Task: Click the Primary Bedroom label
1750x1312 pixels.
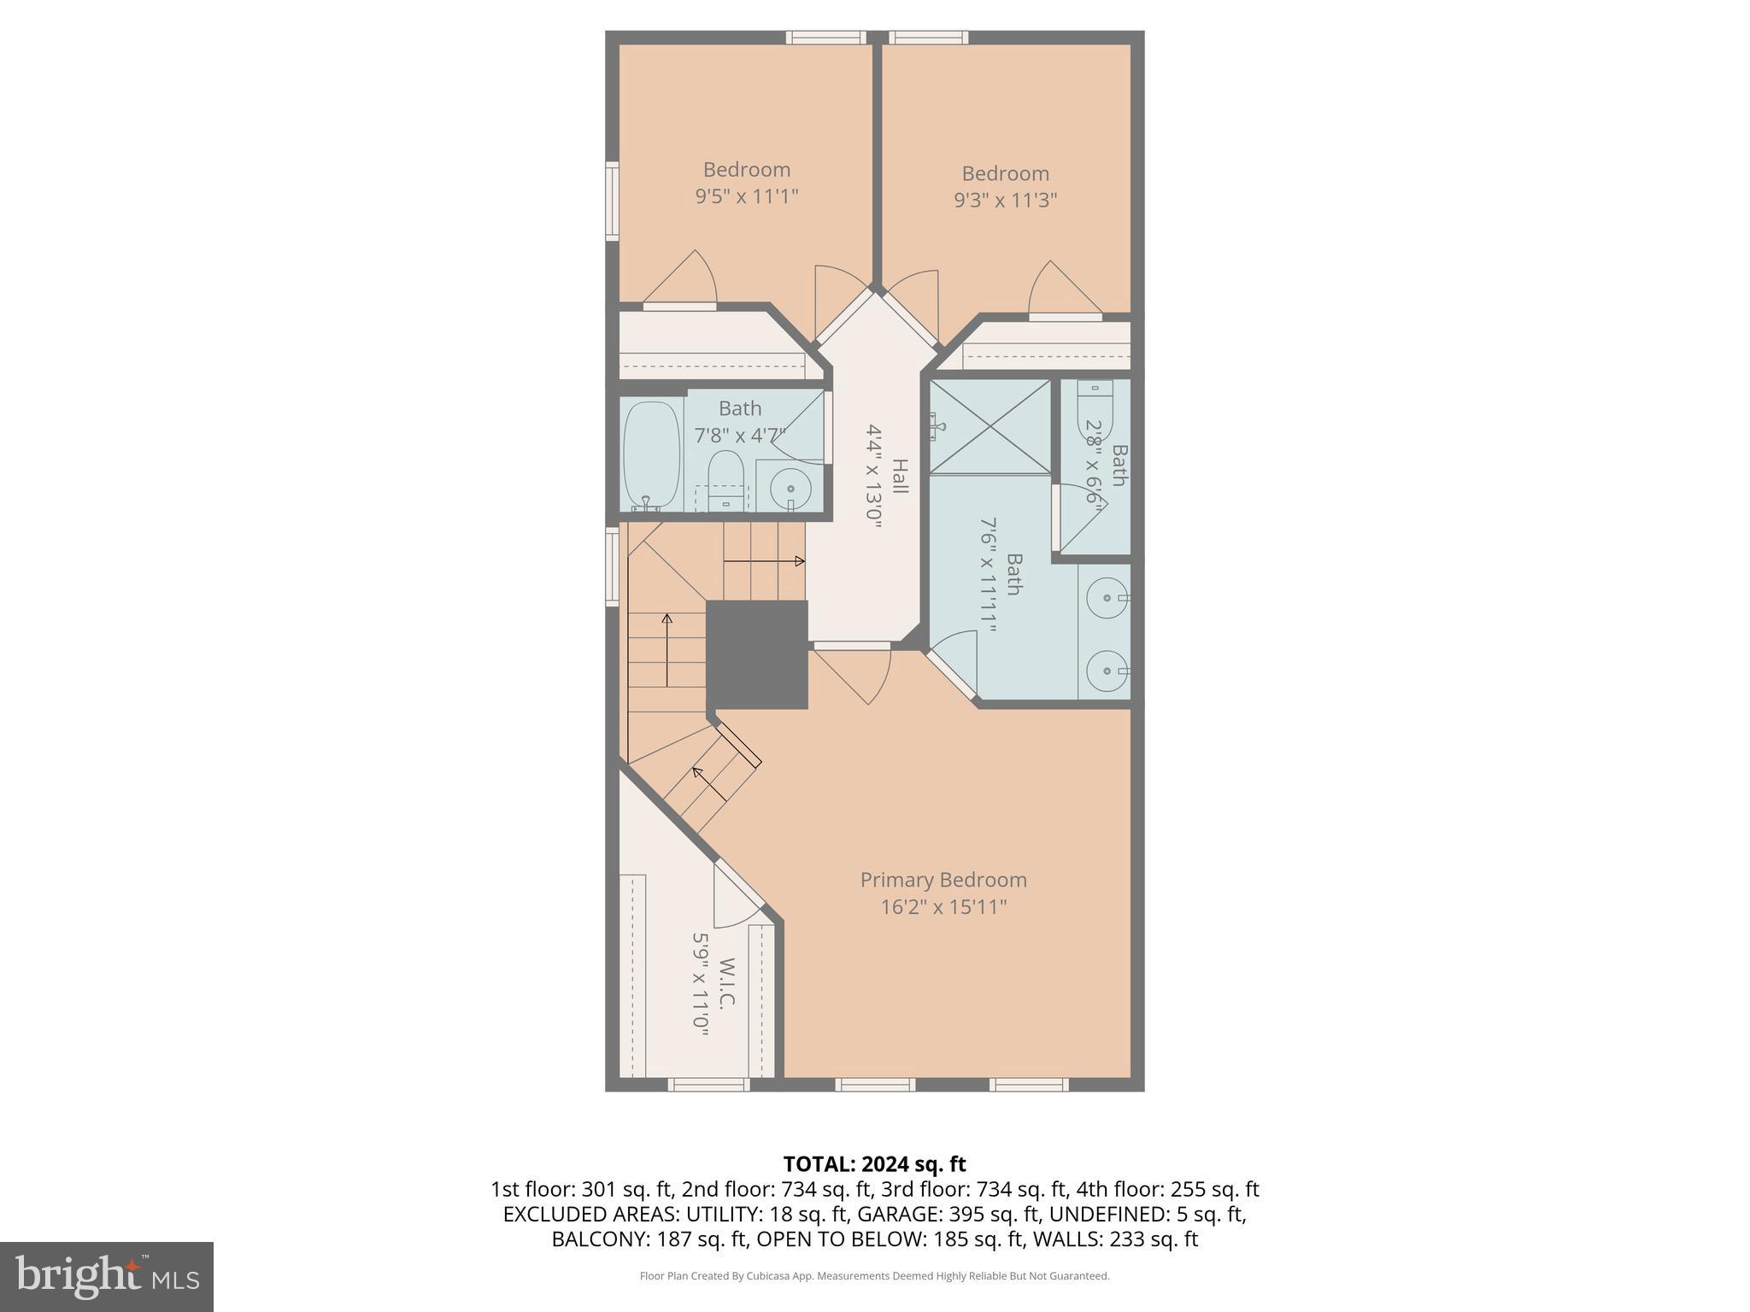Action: point(943,880)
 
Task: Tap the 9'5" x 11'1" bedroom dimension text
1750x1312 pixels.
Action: point(746,196)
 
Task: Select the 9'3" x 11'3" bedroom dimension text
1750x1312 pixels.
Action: point(1005,200)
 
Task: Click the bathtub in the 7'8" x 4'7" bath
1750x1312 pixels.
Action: point(651,456)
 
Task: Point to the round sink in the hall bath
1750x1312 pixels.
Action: point(791,489)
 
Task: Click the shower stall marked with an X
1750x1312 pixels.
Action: point(990,426)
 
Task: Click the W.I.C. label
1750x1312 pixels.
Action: point(726,982)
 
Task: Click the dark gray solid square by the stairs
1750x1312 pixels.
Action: point(757,654)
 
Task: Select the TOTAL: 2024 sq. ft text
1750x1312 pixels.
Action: point(874,1163)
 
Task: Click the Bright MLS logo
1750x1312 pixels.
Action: point(107,1276)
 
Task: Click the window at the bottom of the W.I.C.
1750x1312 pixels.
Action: point(708,1085)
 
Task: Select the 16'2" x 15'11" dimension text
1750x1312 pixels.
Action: point(943,907)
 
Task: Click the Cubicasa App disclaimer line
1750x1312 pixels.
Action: point(874,1276)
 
